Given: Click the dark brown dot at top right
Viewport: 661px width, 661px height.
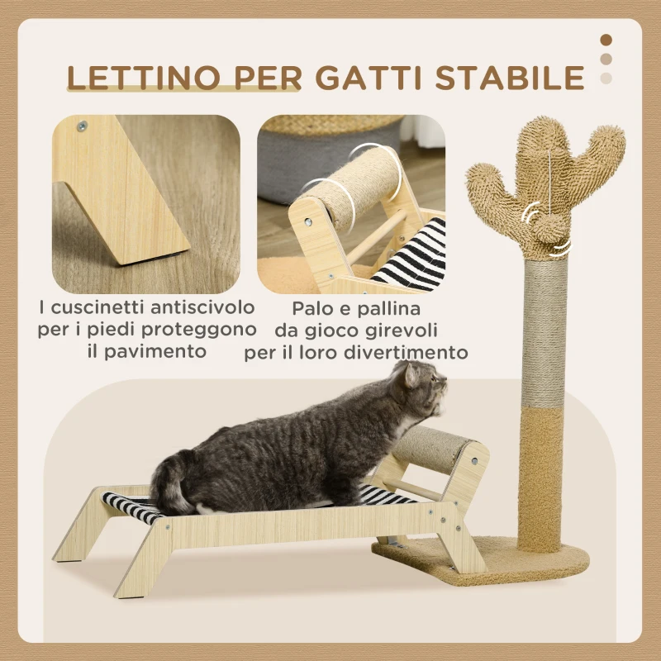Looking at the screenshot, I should click(606, 40).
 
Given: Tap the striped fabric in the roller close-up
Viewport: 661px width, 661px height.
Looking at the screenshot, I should click(413, 256).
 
